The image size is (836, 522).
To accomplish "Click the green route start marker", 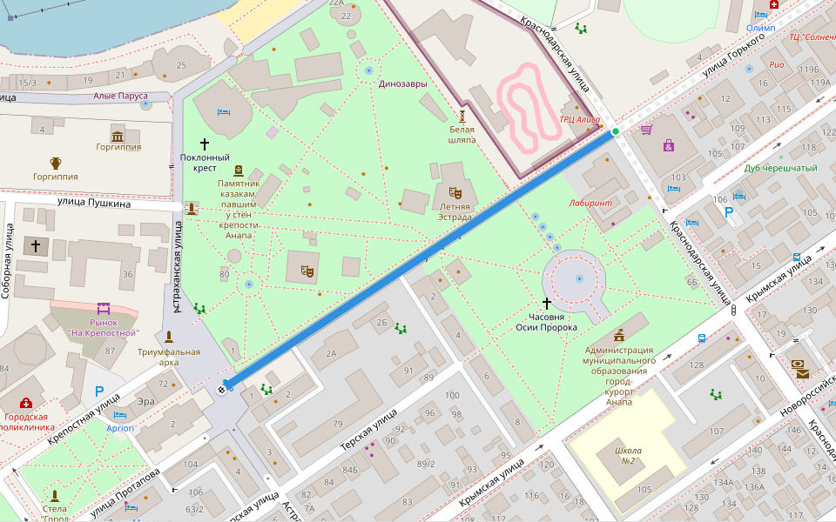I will pyautogui.click(x=616, y=131).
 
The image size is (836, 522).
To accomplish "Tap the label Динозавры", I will pyautogui.click(x=402, y=84).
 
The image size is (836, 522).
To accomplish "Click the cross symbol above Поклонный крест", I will pyautogui.click(x=206, y=144).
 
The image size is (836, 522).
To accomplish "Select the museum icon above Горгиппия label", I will pyautogui.click(x=118, y=135).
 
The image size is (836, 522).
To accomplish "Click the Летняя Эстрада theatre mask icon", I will pyautogui.click(x=455, y=192).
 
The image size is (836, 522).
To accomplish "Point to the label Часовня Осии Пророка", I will pyautogui.click(x=546, y=322).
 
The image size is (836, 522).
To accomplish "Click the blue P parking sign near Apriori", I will pyautogui.click(x=99, y=392).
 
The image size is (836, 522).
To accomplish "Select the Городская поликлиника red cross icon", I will pyautogui.click(x=26, y=403).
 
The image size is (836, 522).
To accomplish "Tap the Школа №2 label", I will pyautogui.click(x=628, y=456).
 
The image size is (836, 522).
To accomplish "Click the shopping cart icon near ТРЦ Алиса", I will pyautogui.click(x=646, y=130).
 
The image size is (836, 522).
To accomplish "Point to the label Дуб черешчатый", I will pyautogui.click(x=781, y=168).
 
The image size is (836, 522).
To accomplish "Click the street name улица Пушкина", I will pyautogui.click(x=94, y=204).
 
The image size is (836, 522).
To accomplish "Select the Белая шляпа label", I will pyautogui.click(x=462, y=133).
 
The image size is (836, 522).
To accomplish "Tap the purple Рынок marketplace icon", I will pyautogui.click(x=104, y=308).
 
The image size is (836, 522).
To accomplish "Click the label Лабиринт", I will pyautogui.click(x=591, y=203).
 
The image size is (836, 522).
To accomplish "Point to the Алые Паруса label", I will pyautogui.click(x=120, y=96).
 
